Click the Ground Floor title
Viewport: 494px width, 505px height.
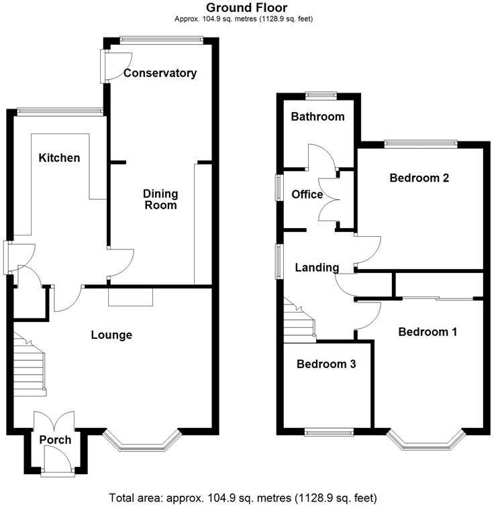point(246,7)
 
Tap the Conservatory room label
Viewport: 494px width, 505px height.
point(160,73)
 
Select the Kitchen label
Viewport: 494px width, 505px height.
point(59,158)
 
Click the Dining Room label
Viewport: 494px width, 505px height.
point(160,199)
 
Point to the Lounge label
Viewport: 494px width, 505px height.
point(111,335)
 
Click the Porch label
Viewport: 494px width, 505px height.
point(55,440)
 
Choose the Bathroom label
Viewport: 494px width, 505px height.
point(317,117)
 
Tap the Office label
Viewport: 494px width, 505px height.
point(307,194)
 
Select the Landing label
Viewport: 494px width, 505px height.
point(317,268)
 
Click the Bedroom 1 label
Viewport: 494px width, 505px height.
point(428,332)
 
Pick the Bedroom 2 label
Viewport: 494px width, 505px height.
point(419,178)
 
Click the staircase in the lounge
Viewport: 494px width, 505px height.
point(30,366)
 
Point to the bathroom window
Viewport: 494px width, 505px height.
point(321,95)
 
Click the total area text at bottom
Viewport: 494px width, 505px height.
point(246,497)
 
